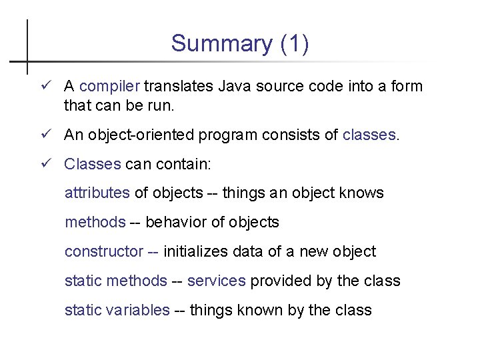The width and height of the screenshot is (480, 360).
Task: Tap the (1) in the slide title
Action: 294,44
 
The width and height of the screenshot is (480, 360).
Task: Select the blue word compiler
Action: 109,87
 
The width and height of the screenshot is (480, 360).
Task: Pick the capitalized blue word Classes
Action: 92,164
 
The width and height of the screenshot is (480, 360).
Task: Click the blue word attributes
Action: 97,193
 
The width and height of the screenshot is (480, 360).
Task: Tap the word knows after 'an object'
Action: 361,193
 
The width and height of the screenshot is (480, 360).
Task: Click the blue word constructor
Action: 103,252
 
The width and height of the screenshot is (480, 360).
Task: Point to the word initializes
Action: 197,252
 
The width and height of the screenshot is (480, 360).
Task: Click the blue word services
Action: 216,281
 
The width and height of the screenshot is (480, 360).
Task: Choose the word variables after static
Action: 137,311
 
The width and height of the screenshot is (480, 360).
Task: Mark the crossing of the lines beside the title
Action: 27,61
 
